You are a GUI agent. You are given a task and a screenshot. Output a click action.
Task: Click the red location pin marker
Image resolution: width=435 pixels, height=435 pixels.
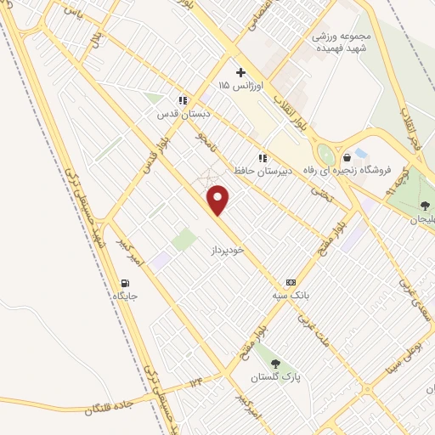point(219,201)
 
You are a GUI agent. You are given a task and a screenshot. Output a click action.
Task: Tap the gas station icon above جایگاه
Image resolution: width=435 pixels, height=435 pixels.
point(126,283)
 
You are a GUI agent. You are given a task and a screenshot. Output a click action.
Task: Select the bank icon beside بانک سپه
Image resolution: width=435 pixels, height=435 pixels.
point(291,281)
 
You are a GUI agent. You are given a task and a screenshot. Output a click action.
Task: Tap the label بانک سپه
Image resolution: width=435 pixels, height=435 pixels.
point(288,295)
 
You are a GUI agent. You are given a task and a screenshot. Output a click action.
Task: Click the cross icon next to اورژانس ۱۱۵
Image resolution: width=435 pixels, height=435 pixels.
point(240,72)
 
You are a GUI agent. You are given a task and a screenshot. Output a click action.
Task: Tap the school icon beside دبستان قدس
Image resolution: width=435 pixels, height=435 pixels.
point(182,99)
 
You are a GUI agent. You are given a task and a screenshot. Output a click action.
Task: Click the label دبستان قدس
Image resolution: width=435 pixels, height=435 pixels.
point(182,112)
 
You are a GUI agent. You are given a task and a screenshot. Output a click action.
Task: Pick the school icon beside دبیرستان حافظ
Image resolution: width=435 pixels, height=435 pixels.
point(263,157)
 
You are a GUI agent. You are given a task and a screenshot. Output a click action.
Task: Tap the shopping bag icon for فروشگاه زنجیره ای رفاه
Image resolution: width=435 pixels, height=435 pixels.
point(347,156)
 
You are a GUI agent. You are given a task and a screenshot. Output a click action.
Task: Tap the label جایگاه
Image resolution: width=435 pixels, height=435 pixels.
point(126,297)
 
